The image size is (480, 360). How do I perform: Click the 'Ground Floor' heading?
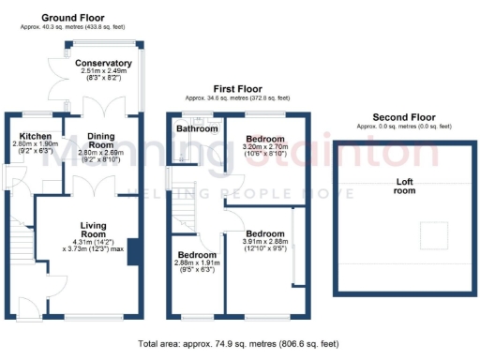pyautogui.click(x=71, y=18)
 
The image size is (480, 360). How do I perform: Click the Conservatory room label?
pyautogui.click(x=103, y=63)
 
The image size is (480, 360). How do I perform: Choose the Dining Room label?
pyautogui.click(x=100, y=141)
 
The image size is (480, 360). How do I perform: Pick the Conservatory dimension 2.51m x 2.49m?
pyautogui.click(x=103, y=71)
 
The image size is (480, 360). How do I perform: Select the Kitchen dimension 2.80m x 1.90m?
pyautogui.click(x=31, y=144)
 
